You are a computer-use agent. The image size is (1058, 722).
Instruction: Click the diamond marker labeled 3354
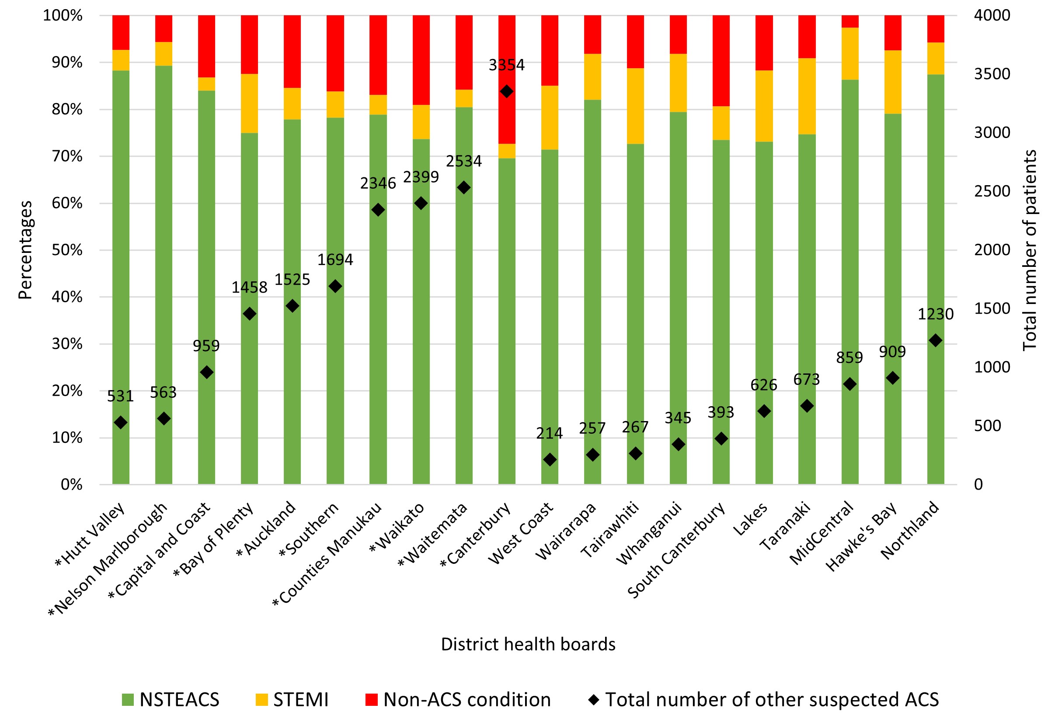[506, 91]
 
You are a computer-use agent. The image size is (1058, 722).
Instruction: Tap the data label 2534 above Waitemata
[463, 161]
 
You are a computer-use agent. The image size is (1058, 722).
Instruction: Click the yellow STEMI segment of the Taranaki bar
[806, 96]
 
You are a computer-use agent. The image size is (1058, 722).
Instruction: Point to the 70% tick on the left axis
[67, 156]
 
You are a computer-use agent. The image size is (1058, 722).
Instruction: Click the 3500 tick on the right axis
[992, 74]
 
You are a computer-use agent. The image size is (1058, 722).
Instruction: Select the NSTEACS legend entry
[171, 699]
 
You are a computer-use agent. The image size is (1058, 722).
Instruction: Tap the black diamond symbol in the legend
[593, 699]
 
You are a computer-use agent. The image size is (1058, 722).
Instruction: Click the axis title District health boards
[528, 644]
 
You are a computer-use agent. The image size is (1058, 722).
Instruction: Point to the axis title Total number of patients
[1029, 250]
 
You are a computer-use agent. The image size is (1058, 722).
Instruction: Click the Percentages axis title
[25, 250]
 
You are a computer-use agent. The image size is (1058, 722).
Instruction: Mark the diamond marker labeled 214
[550, 459]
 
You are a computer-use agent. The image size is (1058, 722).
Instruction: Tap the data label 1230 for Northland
[935, 314]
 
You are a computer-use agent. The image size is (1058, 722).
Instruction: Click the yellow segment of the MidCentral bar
[849, 54]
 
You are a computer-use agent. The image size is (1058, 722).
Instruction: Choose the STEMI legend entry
[292, 699]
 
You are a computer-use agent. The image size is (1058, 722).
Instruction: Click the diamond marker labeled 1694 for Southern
[335, 286]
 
